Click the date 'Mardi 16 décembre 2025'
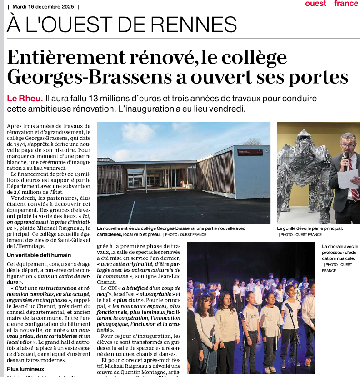[x=45, y=6]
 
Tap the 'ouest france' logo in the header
[x=332, y=4]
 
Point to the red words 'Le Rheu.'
[x=24, y=99]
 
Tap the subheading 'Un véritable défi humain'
[x=39, y=255]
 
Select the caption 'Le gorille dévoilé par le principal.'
[x=310, y=228]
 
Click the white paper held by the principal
[x=348, y=178]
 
